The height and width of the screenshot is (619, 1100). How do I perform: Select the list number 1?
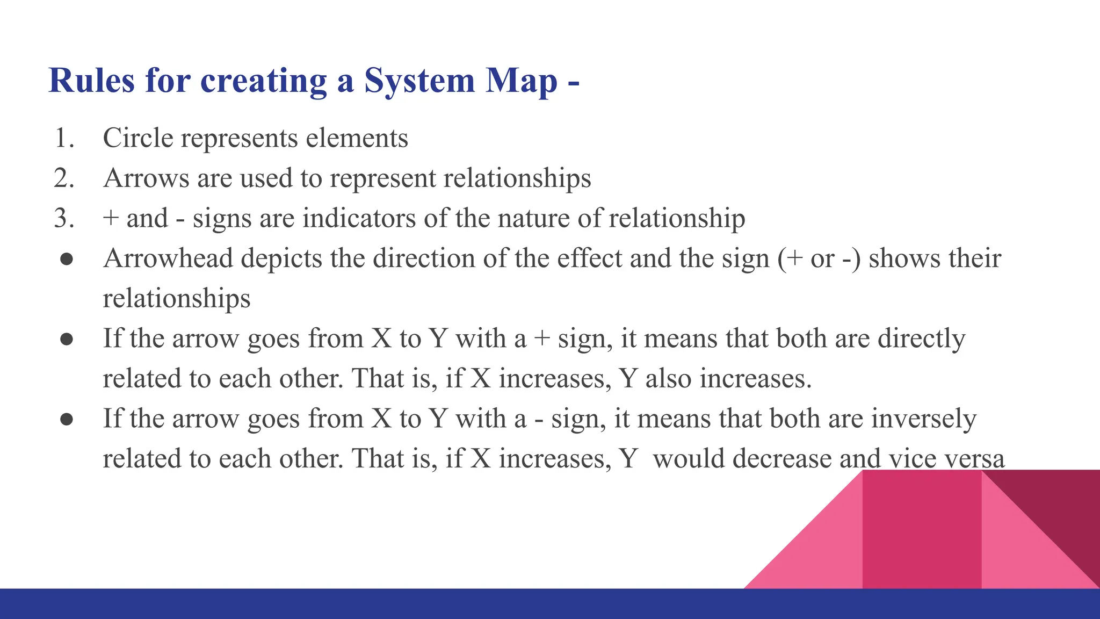coord(63,138)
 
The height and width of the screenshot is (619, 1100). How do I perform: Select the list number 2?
coord(63,178)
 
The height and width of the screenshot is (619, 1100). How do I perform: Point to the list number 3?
coord(63,218)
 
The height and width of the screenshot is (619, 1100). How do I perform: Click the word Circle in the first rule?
coord(138,138)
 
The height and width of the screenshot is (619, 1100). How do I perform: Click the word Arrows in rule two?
coord(146,178)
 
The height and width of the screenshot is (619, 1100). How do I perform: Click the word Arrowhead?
coord(168,258)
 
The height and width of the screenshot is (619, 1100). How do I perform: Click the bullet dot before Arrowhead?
coord(67,260)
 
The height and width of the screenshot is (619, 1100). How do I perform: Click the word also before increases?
coord(668,379)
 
